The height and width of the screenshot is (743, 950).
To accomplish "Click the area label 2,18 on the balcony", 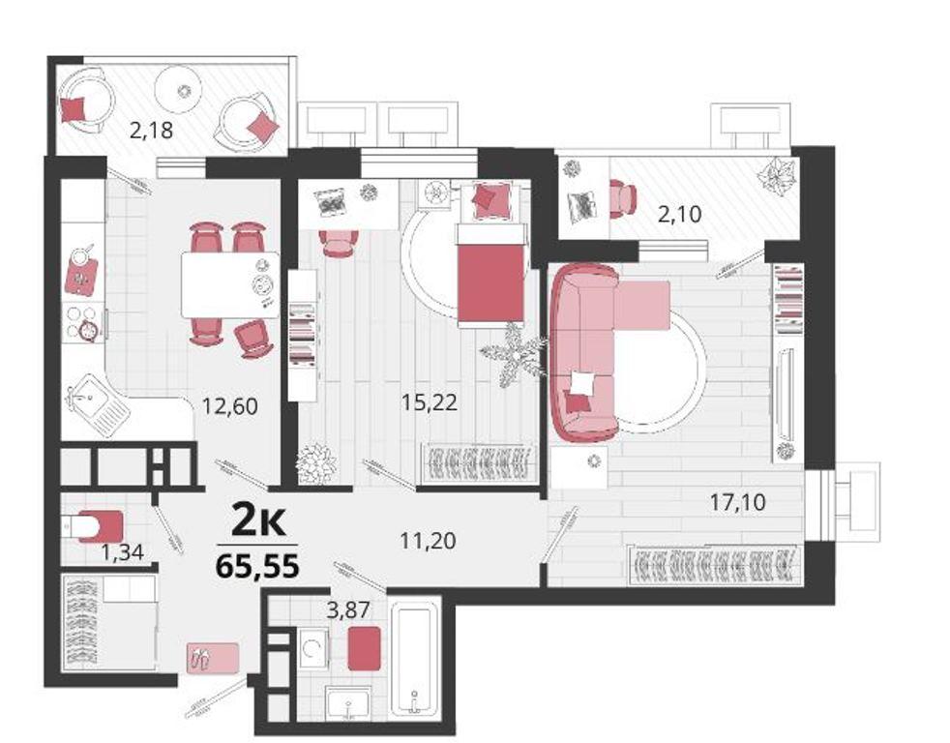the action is [x=152, y=130].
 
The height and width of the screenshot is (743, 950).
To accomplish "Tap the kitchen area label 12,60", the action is [x=230, y=405].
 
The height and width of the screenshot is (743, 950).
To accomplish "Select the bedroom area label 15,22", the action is [x=429, y=401].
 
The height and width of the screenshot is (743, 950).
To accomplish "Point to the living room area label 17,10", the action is [x=738, y=502].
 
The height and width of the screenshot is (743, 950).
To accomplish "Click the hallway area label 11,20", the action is [x=429, y=540].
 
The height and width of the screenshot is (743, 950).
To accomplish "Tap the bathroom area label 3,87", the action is [x=347, y=609].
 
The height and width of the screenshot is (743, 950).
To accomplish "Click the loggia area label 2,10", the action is [x=680, y=214].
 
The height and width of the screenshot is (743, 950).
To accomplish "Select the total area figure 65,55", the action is [x=257, y=567].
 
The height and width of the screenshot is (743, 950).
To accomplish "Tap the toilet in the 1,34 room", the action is [x=93, y=525].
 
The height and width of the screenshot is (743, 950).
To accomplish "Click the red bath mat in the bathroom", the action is [x=365, y=648].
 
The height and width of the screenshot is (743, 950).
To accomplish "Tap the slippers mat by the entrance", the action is [x=213, y=658].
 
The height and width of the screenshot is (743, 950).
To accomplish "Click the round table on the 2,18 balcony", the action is [x=179, y=91].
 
